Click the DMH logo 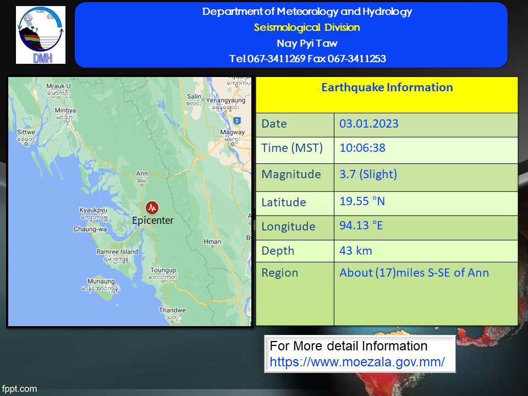pyautogui.click(x=41, y=35)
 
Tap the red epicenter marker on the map pyautogui.click(x=152, y=208)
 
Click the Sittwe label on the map pyautogui.click(x=26, y=136)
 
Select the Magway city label pyautogui.click(x=232, y=136)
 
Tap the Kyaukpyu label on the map pyautogui.click(x=94, y=214)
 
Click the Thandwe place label pyautogui.click(x=172, y=314)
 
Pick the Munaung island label pyautogui.click(x=101, y=285)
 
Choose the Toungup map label pyautogui.click(x=163, y=273)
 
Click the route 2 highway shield pyautogui.click(x=237, y=120)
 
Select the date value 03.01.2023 pyautogui.click(x=369, y=124)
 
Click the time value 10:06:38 pyautogui.click(x=362, y=148)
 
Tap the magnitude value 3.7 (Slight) pyautogui.click(x=368, y=174)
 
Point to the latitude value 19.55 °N pyautogui.click(x=362, y=201)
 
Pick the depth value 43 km pyautogui.click(x=356, y=251)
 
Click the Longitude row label pyautogui.click(x=288, y=227)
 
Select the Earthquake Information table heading pyautogui.click(x=387, y=87)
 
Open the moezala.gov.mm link pyautogui.click(x=358, y=362)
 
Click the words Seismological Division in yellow pyautogui.click(x=307, y=28)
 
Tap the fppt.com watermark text pyautogui.click(x=19, y=389)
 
